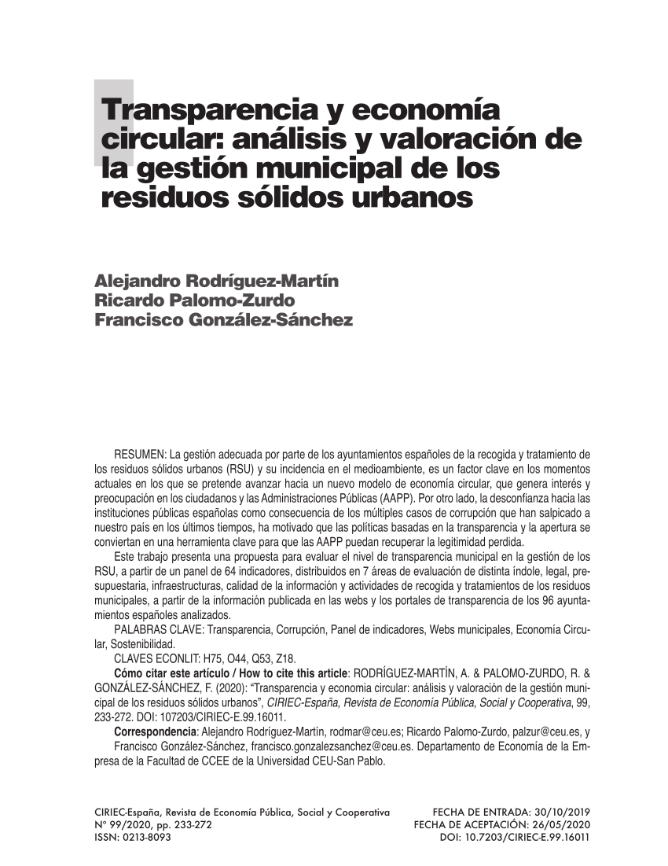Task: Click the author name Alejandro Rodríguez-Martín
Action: point(216,282)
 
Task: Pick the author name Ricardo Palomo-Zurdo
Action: point(194,301)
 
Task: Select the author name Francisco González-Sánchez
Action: point(223,320)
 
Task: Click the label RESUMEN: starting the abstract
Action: point(140,455)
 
